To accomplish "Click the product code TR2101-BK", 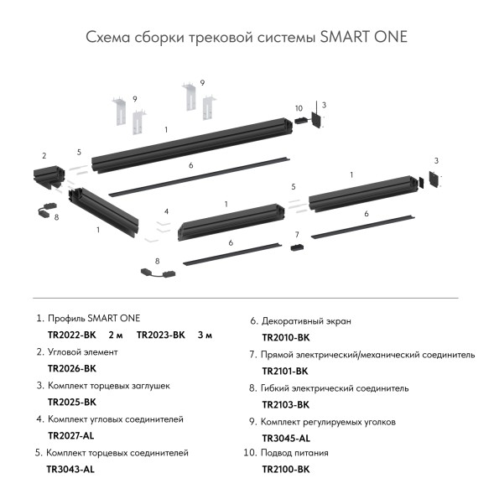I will coord(285,371).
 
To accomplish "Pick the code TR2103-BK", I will coord(285,404).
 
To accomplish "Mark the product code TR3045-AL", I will coord(286,438).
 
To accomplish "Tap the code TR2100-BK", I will coord(285,470).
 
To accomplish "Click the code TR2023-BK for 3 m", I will coord(161,335).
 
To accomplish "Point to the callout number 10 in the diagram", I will coord(299,108).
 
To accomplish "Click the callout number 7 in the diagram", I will coord(296,234).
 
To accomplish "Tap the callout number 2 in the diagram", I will coord(44,156).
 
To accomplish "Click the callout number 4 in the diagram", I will coord(167,211).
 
